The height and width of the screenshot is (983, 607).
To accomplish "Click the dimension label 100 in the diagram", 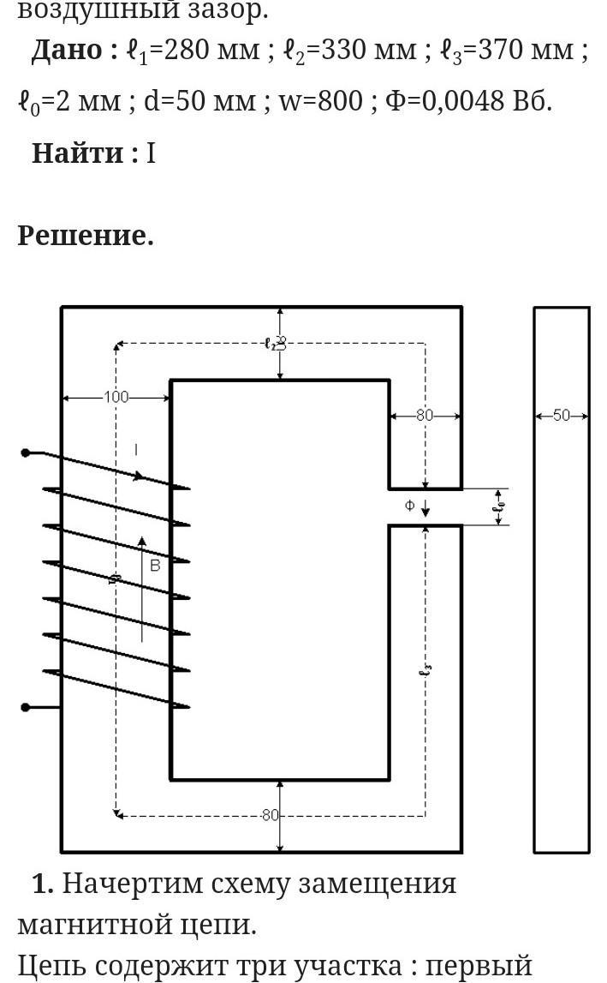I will (x=116, y=398).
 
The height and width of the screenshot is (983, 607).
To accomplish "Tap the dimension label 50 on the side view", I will (x=562, y=416).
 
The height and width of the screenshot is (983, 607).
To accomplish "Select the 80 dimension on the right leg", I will (x=425, y=416).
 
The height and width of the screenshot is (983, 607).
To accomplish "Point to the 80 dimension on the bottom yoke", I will (x=271, y=815).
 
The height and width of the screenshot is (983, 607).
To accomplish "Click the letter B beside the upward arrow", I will (x=155, y=566).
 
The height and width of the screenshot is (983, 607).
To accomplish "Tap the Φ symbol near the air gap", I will (x=409, y=506).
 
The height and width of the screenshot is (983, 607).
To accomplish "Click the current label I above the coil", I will (x=136, y=450).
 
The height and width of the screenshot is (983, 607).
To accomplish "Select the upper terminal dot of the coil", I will (x=26, y=453).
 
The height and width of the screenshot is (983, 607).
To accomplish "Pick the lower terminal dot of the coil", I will (x=26, y=707).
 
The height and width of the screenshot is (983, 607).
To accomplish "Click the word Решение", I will (x=86, y=235).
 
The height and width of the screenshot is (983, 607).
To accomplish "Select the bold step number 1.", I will (x=43, y=883).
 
